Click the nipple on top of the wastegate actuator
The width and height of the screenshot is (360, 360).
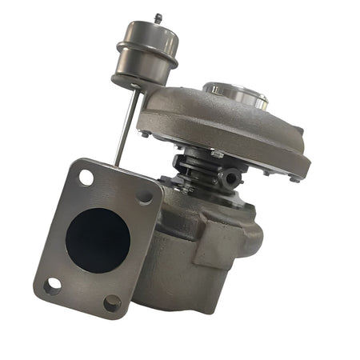coord(158,18)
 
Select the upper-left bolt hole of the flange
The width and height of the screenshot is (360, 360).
coord(85,177)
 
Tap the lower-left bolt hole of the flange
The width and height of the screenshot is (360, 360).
coord(53,285)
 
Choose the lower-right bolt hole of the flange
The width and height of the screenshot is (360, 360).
coord(112,302)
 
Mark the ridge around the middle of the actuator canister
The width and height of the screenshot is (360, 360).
coord(145,48)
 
